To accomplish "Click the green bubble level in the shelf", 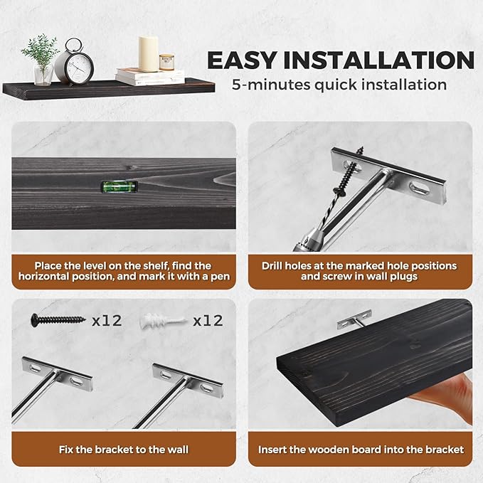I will [112, 187].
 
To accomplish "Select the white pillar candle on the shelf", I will [148, 54].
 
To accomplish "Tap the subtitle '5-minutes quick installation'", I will [339, 85].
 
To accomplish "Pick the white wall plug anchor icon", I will [166, 320].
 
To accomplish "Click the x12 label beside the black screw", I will [107, 320].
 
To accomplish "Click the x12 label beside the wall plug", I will [208, 320].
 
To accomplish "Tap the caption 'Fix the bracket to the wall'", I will [124, 450].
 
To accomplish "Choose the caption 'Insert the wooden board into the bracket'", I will [361, 450].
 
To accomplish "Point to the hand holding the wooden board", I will [456, 398].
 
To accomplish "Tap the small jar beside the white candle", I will [167, 63].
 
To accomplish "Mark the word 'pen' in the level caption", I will [221, 276].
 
